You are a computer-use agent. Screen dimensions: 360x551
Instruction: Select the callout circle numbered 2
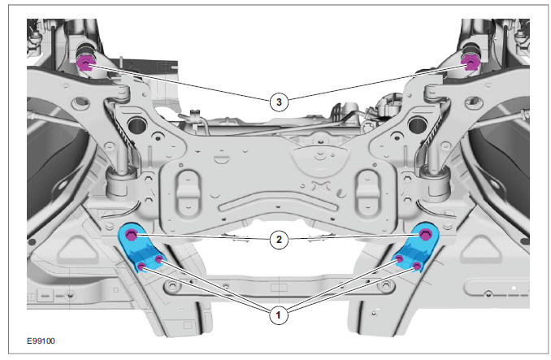pyautogui.click(x=280, y=240)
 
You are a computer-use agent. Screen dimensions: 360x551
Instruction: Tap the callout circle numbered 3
pyautogui.click(x=280, y=101)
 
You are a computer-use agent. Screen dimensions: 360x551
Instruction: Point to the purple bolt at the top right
pyautogui.click(x=469, y=61)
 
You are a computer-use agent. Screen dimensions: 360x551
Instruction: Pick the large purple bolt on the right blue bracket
pyautogui.click(x=425, y=235)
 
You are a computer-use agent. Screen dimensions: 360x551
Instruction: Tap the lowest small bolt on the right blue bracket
pyautogui.click(x=417, y=267)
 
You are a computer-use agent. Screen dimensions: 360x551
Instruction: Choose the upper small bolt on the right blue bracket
pyautogui.click(x=400, y=258)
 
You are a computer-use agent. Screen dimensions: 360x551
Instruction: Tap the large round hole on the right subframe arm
pyautogui.click(x=419, y=125)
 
